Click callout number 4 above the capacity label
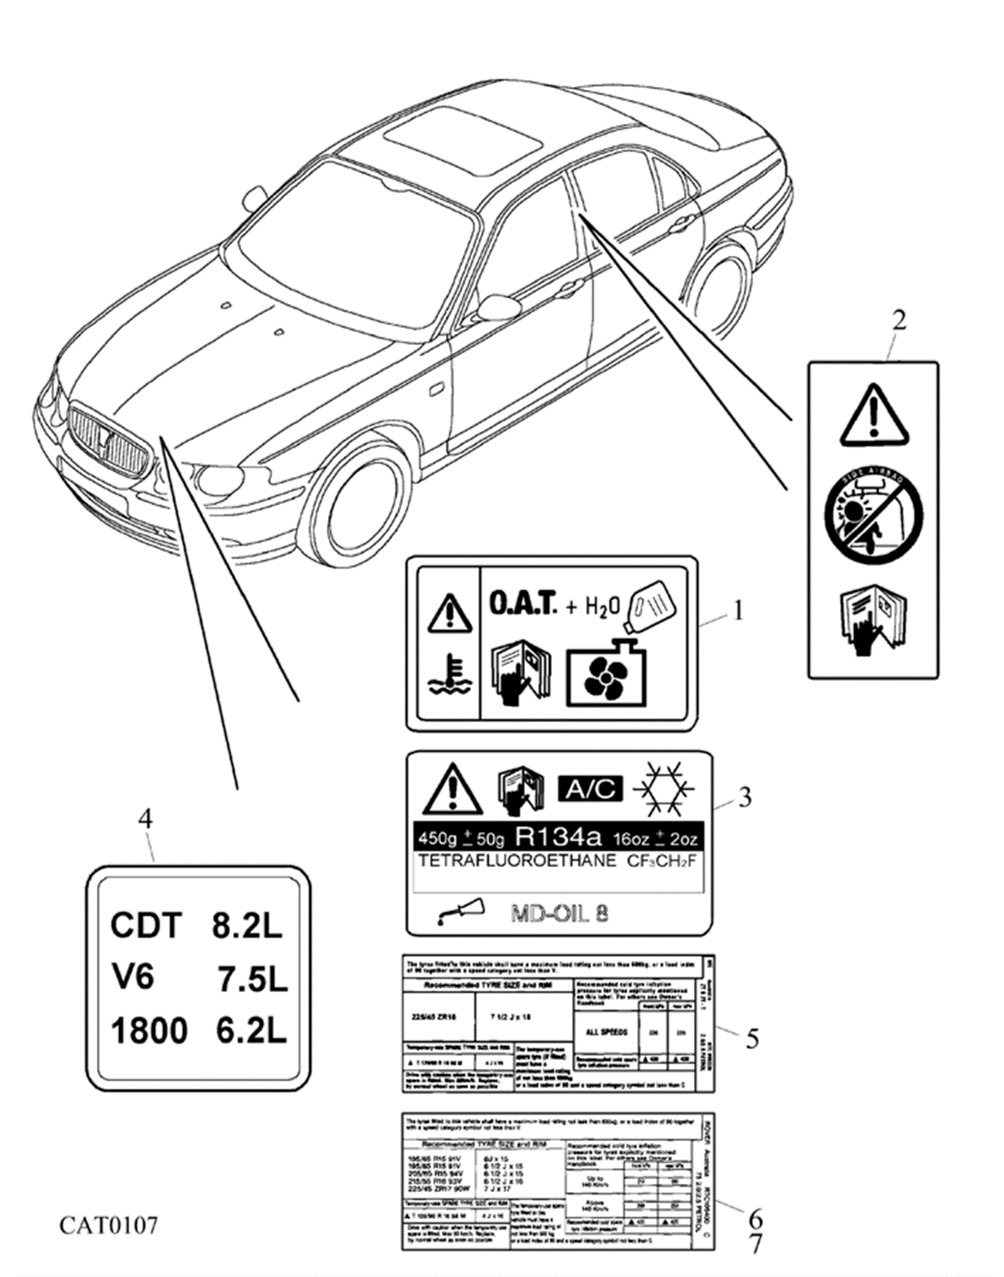pyautogui.click(x=146, y=819)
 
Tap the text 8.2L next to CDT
pyautogui.click(x=247, y=925)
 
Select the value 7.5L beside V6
pyautogui.click(x=253, y=979)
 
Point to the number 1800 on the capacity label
pyautogui.click(x=149, y=1031)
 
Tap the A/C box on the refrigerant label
pyautogui.click(x=590, y=789)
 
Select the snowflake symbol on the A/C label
pyautogui.click(x=663, y=789)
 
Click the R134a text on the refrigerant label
pyautogui.click(x=559, y=836)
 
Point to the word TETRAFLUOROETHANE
pyautogui.click(x=518, y=861)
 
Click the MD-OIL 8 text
pyautogui.click(x=559, y=914)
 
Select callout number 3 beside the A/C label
pyautogui.click(x=744, y=797)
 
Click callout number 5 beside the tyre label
pyautogui.click(x=752, y=1039)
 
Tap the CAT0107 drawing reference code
pyautogui.click(x=109, y=1225)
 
